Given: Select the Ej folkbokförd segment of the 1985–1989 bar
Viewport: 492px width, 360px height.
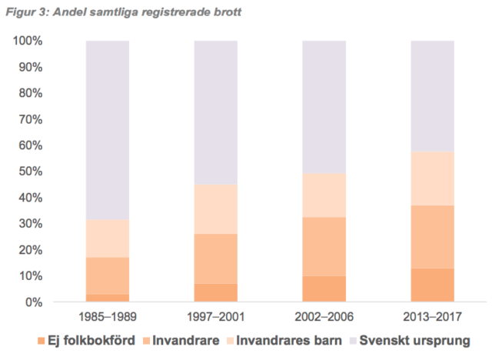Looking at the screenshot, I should (108, 298).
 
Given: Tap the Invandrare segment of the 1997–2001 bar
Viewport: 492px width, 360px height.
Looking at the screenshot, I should (215, 258).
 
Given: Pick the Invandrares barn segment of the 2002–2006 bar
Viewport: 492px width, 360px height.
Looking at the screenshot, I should (324, 195).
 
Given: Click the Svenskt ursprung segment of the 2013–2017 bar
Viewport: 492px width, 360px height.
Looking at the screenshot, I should (432, 96).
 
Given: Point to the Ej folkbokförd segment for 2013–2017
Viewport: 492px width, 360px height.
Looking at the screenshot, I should (432, 285).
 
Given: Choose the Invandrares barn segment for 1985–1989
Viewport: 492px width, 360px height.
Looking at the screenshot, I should (108, 238).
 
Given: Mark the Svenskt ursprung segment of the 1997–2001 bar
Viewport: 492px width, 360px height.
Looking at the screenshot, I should (215, 112).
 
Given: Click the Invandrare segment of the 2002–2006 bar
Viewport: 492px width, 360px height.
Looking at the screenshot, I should (324, 247).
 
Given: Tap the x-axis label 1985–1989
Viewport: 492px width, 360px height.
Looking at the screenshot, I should (108, 316).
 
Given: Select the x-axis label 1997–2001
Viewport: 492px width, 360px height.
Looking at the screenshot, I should (215, 316).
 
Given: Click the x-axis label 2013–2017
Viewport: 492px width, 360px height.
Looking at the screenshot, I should (432, 316).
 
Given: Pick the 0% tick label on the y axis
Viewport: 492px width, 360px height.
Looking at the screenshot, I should (35, 302).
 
